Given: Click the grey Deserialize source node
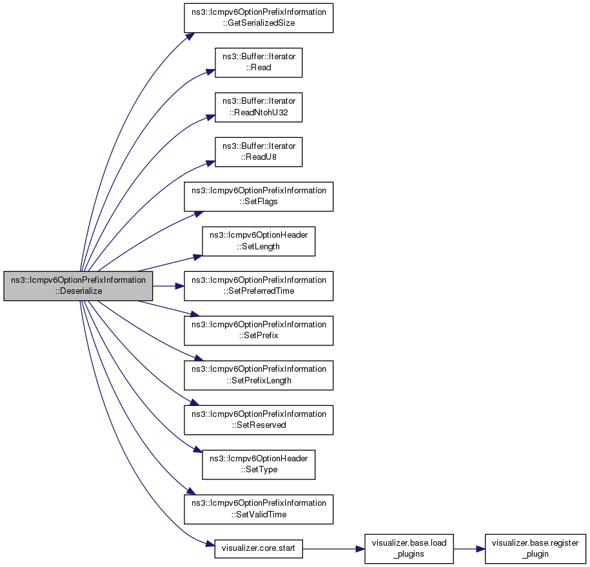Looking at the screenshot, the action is coord(78,286).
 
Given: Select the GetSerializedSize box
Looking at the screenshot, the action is coord(259,17).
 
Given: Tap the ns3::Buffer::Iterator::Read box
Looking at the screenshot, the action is coord(259,62).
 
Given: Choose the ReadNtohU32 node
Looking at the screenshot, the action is coord(259,107).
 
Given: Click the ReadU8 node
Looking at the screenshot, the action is coord(259,152).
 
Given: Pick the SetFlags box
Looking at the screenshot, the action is coord(259,197).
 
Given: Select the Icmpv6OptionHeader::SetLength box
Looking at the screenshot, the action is coord(259,241).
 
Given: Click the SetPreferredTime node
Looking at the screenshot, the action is coord(259,286).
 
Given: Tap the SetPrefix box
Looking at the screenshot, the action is coord(259,331).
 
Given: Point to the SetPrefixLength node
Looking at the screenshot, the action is coord(259,375).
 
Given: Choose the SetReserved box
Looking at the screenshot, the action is coord(259,420).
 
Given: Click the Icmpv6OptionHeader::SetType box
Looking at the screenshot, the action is coord(259,465).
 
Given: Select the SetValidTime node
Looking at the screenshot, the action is coord(259,509).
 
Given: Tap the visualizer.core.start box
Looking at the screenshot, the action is coord(259,548).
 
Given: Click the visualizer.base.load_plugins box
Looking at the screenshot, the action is coord(409,548).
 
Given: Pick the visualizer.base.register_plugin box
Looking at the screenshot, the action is coord(535,548).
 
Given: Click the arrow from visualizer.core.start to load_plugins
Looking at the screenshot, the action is coord(333,549).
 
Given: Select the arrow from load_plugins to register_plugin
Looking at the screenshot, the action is coord(469,549).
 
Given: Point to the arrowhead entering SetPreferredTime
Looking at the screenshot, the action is coord(179,286).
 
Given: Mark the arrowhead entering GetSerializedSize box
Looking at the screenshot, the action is coord(190,36).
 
